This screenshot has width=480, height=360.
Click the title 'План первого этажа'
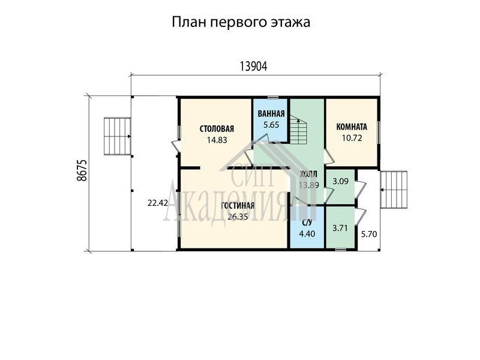point(241,22)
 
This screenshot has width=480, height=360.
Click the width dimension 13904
point(253,66)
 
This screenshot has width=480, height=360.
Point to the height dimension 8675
point(82,170)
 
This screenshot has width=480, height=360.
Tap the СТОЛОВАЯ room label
point(217,128)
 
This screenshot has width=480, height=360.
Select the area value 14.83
point(217,140)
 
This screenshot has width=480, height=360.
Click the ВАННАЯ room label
point(271,113)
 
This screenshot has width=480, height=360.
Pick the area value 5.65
point(271,125)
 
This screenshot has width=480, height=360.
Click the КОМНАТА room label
point(352,127)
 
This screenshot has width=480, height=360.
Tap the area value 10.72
point(352,138)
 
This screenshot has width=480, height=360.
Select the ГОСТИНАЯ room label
point(238,205)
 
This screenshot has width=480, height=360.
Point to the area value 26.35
point(238,217)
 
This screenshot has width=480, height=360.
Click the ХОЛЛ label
point(308,175)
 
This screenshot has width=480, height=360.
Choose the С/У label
point(307,223)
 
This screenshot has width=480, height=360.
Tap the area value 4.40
point(307,233)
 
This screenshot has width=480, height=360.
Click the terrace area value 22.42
point(157,203)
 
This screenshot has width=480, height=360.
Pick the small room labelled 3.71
point(340,228)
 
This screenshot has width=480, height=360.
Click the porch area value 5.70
point(369,235)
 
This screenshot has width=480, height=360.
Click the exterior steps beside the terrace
point(118,136)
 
